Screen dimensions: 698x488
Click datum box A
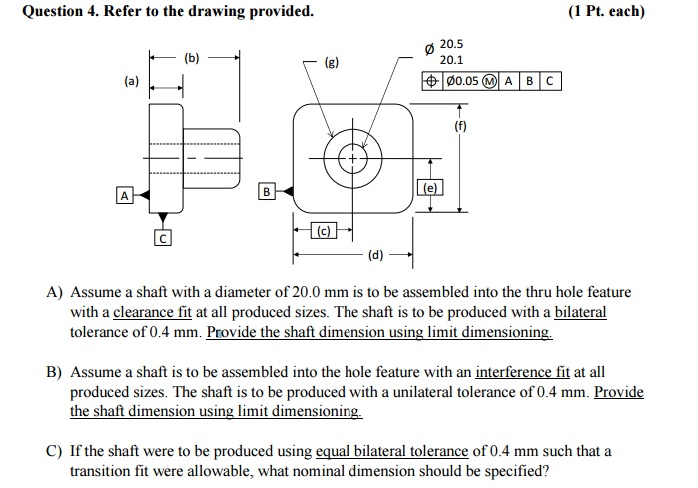[124, 196]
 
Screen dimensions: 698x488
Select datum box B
[266, 192]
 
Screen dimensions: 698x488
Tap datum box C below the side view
[163, 238]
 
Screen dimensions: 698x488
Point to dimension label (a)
[132, 81]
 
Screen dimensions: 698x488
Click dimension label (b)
[192, 58]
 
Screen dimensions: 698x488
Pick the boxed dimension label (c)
[324, 230]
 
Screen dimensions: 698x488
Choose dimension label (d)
[376, 255]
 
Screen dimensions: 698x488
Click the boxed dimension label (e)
[430, 188]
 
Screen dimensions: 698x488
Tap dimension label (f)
[460, 126]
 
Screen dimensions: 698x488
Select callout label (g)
[332, 62]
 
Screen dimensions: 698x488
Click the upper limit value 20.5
[451, 44]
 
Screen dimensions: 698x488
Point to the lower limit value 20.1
[451, 60]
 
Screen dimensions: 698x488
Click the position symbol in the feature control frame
[431, 81]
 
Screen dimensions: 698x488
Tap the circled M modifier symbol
[490, 81]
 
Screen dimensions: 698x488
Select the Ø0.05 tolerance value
[462, 81]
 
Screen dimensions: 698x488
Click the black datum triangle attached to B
[288, 192]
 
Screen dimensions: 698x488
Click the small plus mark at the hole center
[353, 159]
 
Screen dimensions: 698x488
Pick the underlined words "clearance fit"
[152, 312]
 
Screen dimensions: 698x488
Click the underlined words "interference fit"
[522, 372]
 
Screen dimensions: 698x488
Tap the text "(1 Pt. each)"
[606, 11]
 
